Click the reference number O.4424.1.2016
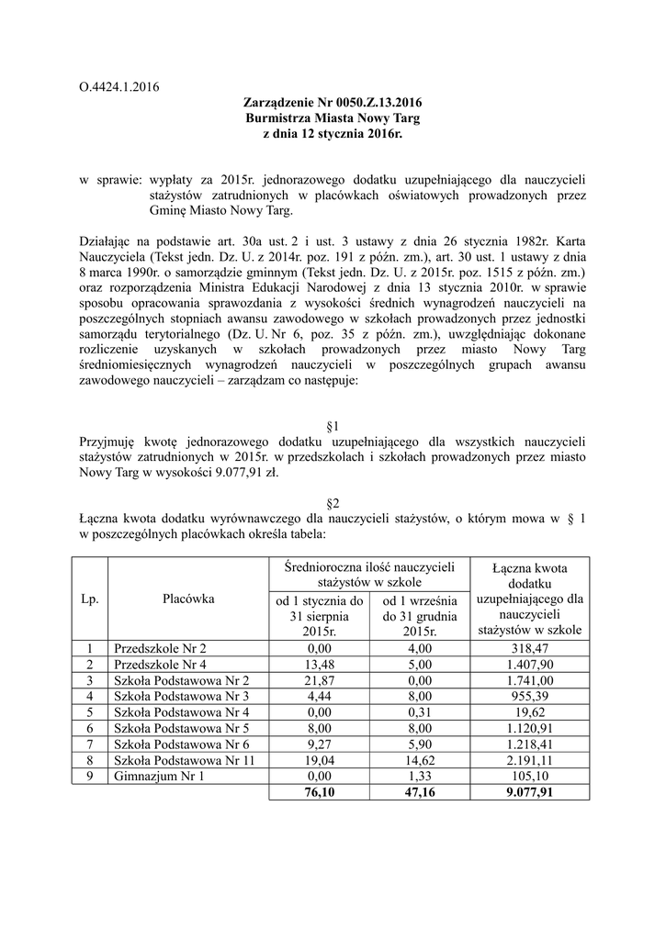tap(120, 88)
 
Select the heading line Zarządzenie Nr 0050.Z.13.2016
tap(333, 104)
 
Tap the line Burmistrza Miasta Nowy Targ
tap(333, 118)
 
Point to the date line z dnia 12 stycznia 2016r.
tap(333, 134)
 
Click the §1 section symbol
tap(333, 427)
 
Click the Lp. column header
tap(90, 599)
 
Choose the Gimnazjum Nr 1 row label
tap(154, 775)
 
